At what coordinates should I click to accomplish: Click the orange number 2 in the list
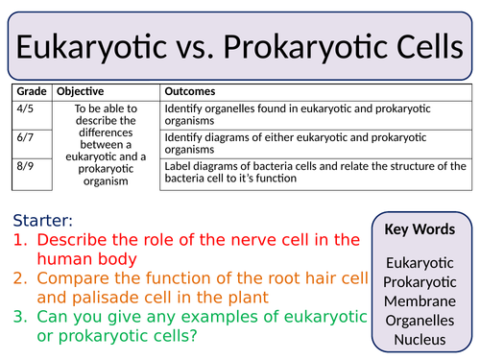point(19,279)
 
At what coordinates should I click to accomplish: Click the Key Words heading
point(420,230)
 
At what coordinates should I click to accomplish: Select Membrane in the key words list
point(420,300)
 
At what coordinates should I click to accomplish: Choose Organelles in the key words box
point(420,320)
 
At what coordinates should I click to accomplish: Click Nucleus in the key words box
point(420,339)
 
